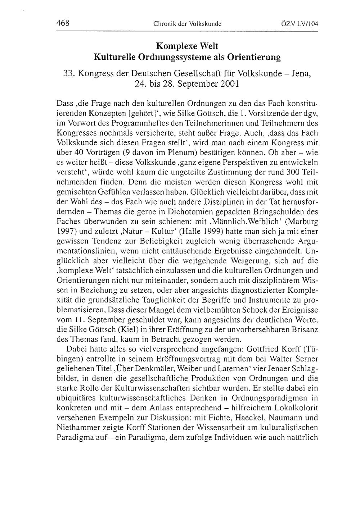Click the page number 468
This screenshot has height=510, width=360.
tap(63, 24)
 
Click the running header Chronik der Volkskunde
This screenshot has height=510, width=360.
tap(187, 24)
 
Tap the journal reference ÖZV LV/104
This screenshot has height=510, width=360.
tap(300, 24)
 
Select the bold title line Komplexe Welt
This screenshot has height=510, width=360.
tap(187, 46)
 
